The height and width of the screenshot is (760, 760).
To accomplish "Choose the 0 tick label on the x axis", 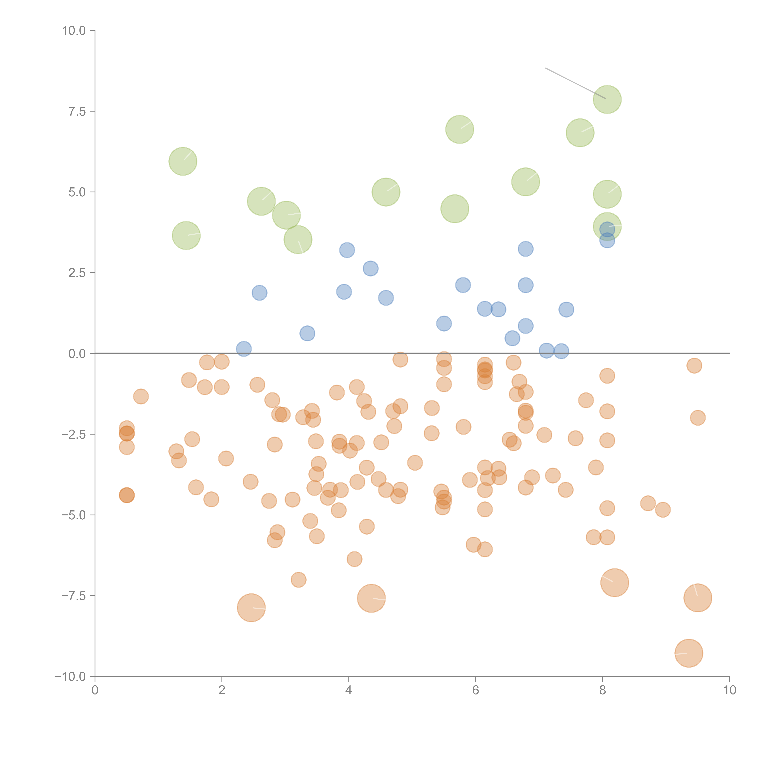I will click(95, 690).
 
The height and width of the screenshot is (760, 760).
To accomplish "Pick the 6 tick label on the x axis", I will click(476, 690).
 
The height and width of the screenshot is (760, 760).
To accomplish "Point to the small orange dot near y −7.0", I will click(299, 579).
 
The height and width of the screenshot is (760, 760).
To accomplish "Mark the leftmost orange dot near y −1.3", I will click(141, 397).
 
